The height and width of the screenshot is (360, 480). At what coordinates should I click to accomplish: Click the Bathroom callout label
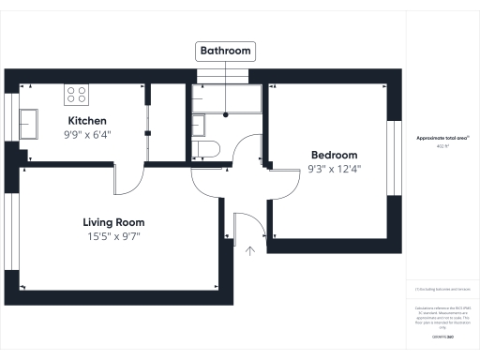pyautogui.click(x=226, y=51)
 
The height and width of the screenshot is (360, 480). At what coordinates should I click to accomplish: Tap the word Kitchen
pyautogui.click(x=87, y=121)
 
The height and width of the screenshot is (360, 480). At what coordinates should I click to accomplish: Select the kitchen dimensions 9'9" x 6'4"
pyautogui.click(x=87, y=134)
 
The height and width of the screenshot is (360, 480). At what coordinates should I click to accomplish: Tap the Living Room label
pyautogui.click(x=113, y=222)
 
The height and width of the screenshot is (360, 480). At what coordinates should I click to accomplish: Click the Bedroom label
pyautogui.click(x=334, y=155)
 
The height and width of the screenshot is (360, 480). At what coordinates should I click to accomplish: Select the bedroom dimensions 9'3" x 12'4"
pyautogui.click(x=334, y=170)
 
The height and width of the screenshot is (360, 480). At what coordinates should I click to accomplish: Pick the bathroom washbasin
pyautogui.click(x=198, y=124)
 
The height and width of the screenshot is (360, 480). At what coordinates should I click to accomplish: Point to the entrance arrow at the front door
pyautogui.click(x=250, y=249)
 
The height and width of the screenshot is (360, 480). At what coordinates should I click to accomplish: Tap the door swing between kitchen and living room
pyautogui.click(x=131, y=178)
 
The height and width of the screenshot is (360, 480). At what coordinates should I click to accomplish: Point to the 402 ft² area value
pyautogui.click(x=442, y=146)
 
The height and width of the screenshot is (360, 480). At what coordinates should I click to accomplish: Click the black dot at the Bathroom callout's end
pyautogui.click(x=226, y=114)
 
